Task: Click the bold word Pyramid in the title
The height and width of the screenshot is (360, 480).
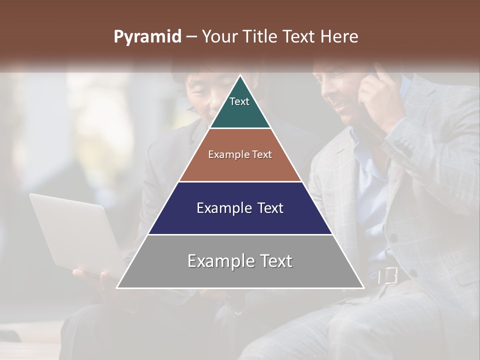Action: (x=147, y=37)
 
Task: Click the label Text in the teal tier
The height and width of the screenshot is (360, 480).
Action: (x=239, y=101)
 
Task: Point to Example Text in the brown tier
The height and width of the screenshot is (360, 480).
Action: (x=240, y=154)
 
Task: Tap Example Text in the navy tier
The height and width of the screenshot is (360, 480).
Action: (x=240, y=208)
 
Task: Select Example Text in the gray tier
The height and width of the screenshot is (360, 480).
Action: (x=240, y=261)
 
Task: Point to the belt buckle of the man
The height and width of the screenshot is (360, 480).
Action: (x=388, y=275)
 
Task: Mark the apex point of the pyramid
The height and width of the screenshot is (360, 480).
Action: (x=240, y=75)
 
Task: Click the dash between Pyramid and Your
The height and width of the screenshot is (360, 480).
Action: (x=191, y=37)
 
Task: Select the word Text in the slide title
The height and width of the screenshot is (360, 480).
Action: (x=300, y=37)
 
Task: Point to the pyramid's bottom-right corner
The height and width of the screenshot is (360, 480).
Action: (x=363, y=287)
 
